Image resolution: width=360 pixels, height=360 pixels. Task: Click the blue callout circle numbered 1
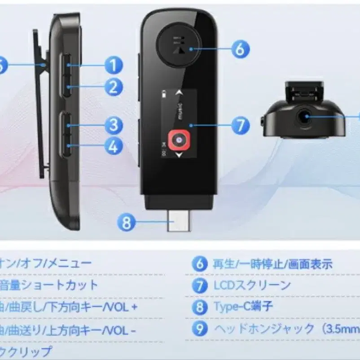(x=114, y=65)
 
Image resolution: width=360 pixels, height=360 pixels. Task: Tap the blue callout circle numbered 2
(x=114, y=87)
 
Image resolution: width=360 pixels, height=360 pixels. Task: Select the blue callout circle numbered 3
(x=114, y=125)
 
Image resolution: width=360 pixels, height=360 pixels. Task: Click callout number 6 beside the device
(x=240, y=49)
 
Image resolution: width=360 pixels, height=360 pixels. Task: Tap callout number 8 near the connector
(x=127, y=222)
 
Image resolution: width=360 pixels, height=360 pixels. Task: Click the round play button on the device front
(x=178, y=45)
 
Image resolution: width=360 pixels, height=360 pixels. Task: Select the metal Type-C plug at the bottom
(x=179, y=221)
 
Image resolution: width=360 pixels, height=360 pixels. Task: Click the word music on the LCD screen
(x=179, y=111)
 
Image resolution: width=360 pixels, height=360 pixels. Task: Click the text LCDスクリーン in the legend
(x=252, y=285)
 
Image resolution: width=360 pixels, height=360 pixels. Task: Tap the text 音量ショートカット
(x=48, y=285)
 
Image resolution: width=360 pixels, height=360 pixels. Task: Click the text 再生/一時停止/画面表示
(x=272, y=264)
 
